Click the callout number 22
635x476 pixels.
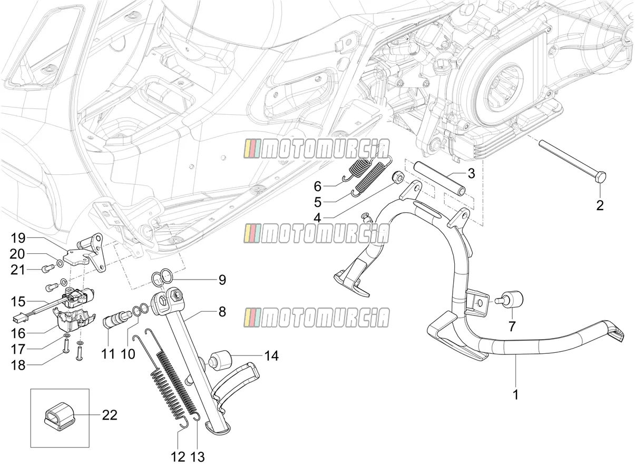pos(110,415)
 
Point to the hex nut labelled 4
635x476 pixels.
pos(397,178)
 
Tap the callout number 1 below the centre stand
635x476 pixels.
pos(515,394)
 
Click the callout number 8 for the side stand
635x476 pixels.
pos(222,312)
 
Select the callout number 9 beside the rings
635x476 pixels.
pos(222,280)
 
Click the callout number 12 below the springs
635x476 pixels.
pos(178,457)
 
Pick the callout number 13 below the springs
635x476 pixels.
pos(197,457)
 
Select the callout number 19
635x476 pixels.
pos(18,239)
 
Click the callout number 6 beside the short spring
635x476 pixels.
pos(317,186)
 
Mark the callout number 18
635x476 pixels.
pos(18,365)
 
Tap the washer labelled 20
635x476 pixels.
pos(60,263)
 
